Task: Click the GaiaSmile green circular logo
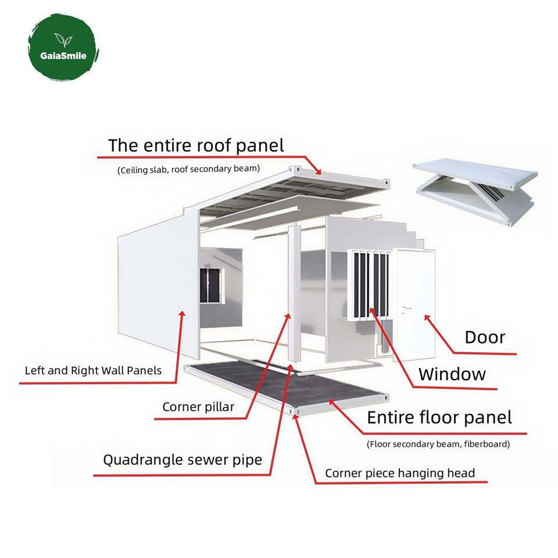click(63, 48)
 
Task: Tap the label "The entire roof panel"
click(196, 145)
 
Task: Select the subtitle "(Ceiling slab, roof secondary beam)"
click(188, 170)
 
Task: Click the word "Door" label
click(485, 337)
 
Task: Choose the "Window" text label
click(452, 374)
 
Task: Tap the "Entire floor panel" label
click(439, 417)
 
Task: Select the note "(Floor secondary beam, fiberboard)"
click(438, 444)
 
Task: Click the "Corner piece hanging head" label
click(399, 473)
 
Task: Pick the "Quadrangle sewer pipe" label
click(183, 460)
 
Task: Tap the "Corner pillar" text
click(198, 407)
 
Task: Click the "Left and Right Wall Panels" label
click(93, 370)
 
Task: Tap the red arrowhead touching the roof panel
click(318, 172)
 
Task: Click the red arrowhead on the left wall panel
click(182, 314)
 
